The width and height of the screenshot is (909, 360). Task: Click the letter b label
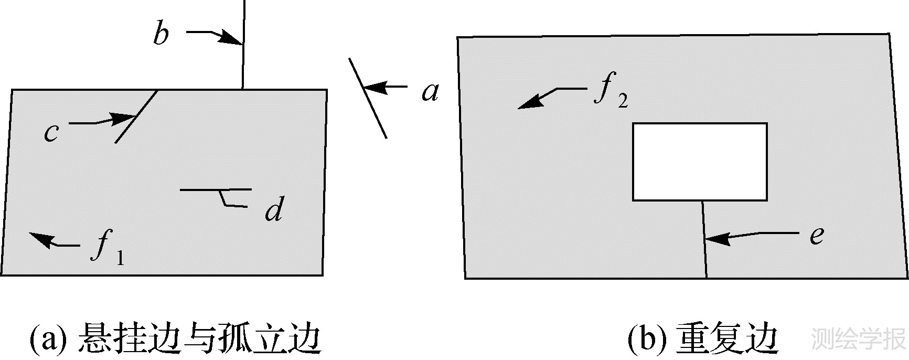click(161, 35)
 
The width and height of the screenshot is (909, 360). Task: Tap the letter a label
click(430, 92)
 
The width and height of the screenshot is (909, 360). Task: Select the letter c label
click(50, 133)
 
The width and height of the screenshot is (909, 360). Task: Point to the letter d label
click(273, 210)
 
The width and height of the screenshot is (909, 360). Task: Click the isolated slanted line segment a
click(368, 98)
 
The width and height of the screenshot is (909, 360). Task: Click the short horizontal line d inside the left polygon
click(215, 189)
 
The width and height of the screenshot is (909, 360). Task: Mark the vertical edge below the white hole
click(704, 239)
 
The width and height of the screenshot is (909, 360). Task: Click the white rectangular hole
click(700, 162)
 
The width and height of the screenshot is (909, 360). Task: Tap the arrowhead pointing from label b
click(231, 38)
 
